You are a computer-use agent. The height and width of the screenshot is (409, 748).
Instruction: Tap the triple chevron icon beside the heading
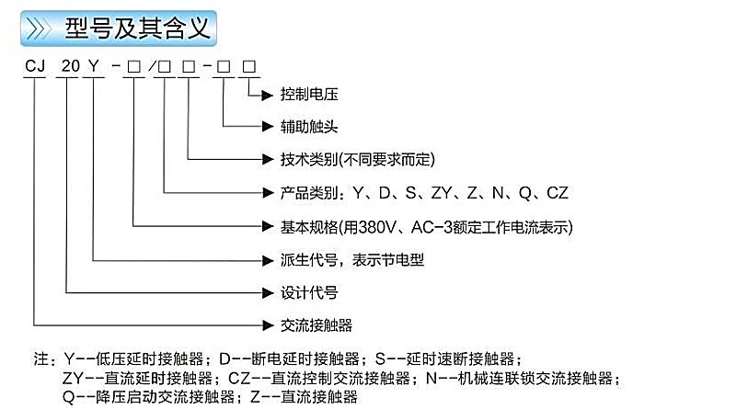click(x=42, y=28)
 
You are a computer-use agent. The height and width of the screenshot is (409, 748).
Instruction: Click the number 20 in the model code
click(x=68, y=66)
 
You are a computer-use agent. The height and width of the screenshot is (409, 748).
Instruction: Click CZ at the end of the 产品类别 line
click(x=558, y=193)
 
